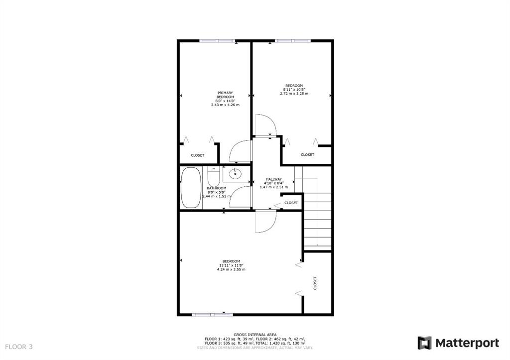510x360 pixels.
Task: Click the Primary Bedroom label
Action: [x=225, y=95]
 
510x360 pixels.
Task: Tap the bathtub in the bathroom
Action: [x=191, y=188]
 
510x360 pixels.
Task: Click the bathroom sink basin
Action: [x=235, y=174]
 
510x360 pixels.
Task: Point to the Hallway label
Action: [x=274, y=179]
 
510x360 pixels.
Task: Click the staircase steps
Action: [x=317, y=221]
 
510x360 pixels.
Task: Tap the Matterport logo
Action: [x=458, y=343]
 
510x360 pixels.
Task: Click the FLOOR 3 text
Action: [x=19, y=347]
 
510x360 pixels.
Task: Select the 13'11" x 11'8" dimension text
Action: [x=231, y=265]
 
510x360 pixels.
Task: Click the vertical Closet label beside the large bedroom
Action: [x=315, y=283]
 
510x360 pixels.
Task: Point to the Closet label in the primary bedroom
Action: [x=197, y=155]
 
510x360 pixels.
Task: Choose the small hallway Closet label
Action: [x=291, y=203]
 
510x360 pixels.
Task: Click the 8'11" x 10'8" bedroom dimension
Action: [x=294, y=90]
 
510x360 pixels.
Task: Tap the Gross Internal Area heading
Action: [x=255, y=335]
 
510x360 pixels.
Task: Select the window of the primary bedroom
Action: [x=217, y=41]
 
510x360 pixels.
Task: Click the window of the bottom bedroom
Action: [x=212, y=315]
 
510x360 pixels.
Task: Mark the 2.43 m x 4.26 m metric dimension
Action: [x=225, y=105]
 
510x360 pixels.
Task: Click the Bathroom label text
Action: [x=217, y=188]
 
